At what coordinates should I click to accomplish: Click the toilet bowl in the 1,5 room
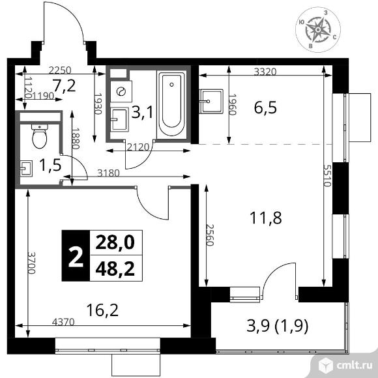(40, 136)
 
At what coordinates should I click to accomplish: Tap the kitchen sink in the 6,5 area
(211, 101)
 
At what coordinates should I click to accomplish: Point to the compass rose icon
(318, 29)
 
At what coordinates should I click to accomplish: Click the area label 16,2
(102, 310)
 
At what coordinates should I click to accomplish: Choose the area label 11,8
(266, 218)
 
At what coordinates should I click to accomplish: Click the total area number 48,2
(115, 269)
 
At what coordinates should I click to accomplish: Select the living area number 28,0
(115, 242)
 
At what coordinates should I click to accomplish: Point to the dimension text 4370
(63, 322)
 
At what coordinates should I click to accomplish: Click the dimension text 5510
(327, 175)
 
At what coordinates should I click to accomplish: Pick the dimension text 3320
(265, 72)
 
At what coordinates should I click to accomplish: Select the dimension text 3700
(31, 263)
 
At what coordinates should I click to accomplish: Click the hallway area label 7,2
(65, 86)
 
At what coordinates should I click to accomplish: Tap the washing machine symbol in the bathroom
(121, 91)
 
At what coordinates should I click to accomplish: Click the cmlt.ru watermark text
(355, 366)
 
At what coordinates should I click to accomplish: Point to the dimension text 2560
(210, 235)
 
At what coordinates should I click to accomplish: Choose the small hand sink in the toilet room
(26, 168)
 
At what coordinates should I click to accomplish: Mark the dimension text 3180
(108, 173)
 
